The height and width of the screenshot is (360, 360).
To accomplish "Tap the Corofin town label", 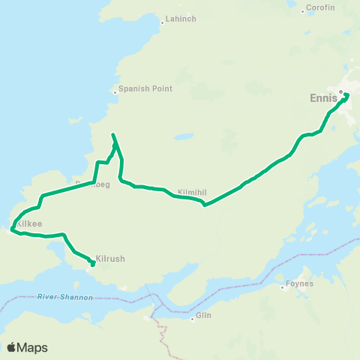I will click(320, 9).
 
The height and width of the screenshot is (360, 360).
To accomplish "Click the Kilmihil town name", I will click(191, 191).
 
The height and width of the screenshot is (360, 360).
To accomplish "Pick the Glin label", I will click(204, 316).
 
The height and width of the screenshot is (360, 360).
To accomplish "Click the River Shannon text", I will click(64, 298).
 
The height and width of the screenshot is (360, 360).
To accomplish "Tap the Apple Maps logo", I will click(27, 347).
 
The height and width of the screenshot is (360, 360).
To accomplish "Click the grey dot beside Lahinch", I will click(161, 22).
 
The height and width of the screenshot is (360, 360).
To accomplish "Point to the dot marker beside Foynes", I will click(283, 285).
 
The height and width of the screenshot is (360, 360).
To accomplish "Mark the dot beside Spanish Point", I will click(115, 92).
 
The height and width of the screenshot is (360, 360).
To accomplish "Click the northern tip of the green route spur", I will click(112, 135).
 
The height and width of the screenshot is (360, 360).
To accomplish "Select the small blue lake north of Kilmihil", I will click(181, 137).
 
